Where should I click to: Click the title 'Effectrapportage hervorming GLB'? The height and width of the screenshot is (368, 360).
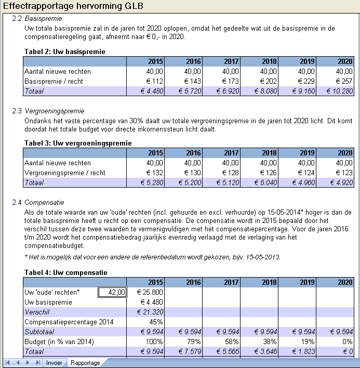tap(73, 6)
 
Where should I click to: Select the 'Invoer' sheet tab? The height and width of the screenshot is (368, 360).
tap(54, 362)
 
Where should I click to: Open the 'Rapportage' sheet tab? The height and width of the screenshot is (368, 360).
tap(85, 362)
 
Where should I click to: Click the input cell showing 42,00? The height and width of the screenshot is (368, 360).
tap(112, 293)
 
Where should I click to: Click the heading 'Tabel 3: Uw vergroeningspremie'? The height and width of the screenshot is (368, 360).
tap(78, 143)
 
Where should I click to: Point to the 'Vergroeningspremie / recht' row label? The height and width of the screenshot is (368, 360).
tap(65, 173)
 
